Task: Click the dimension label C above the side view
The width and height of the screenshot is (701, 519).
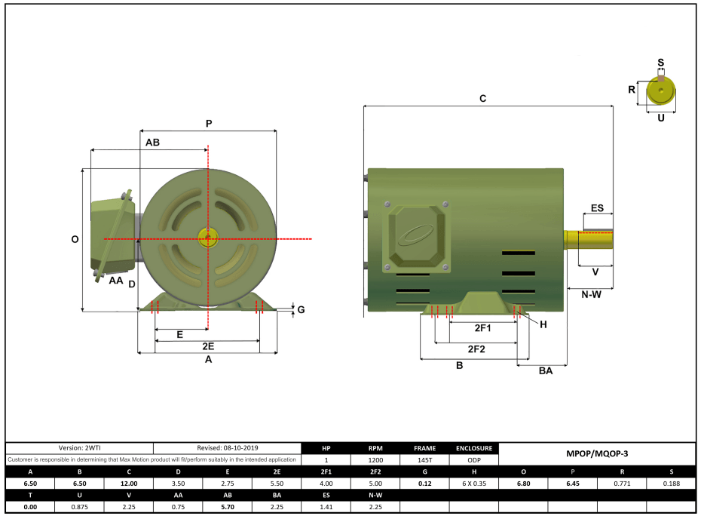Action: (482, 99)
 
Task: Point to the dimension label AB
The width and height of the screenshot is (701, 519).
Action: (152, 142)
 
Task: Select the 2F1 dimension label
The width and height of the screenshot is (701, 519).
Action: (482, 329)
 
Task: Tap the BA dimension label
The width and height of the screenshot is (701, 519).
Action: (545, 370)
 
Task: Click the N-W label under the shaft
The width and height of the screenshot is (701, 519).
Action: (591, 294)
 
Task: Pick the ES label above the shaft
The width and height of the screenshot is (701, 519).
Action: (597, 207)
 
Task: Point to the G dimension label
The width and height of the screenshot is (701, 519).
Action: (301, 309)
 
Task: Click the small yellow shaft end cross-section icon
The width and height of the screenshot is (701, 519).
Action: (661, 92)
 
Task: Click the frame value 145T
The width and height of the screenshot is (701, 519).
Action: (424, 460)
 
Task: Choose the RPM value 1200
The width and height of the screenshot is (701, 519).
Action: (375, 460)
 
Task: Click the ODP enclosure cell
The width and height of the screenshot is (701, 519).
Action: (474, 460)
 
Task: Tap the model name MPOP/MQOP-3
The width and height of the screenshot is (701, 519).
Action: (596, 454)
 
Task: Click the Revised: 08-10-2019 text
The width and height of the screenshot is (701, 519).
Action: (227, 448)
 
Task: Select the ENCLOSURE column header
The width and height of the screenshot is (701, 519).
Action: (474, 448)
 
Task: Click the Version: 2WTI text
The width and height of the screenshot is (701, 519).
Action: (80, 448)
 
